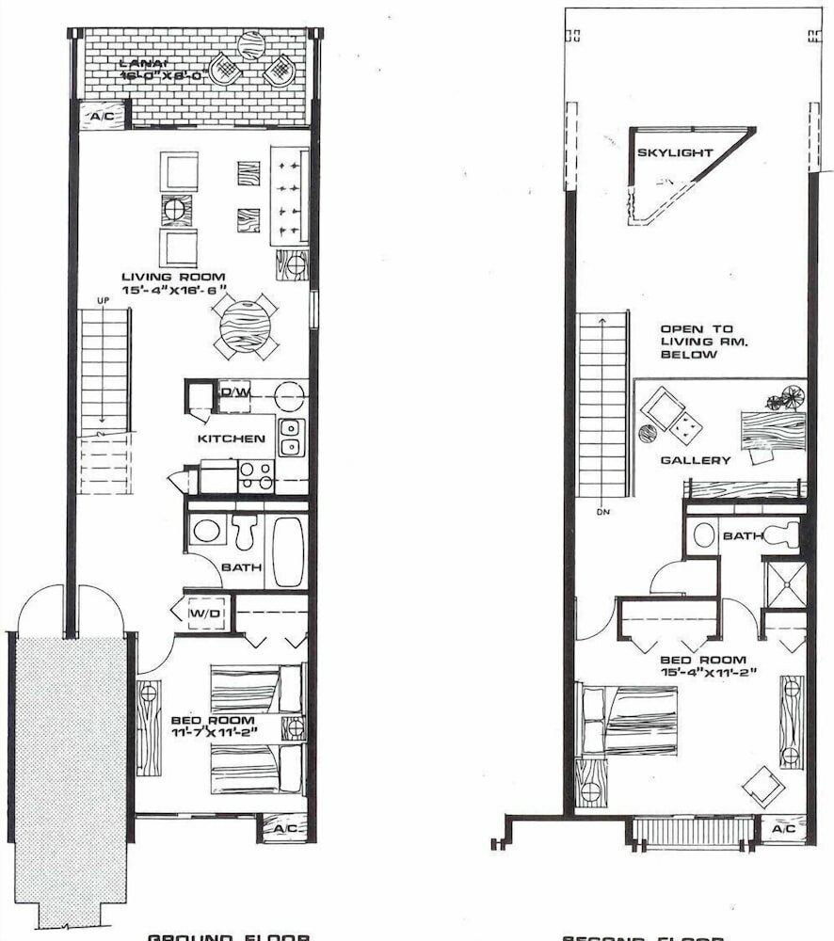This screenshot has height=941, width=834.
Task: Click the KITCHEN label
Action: click(x=231, y=439)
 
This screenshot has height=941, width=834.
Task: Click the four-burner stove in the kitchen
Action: click(x=255, y=475)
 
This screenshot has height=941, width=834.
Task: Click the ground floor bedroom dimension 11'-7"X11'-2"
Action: click(x=213, y=731)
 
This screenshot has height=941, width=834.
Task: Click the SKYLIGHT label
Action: click(x=675, y=152)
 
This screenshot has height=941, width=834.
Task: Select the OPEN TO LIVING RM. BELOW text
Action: click(x=696, y=343)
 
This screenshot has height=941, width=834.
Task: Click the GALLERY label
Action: click(x=696, y=460)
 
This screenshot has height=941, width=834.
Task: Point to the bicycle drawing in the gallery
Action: click(x=785, y=400)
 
